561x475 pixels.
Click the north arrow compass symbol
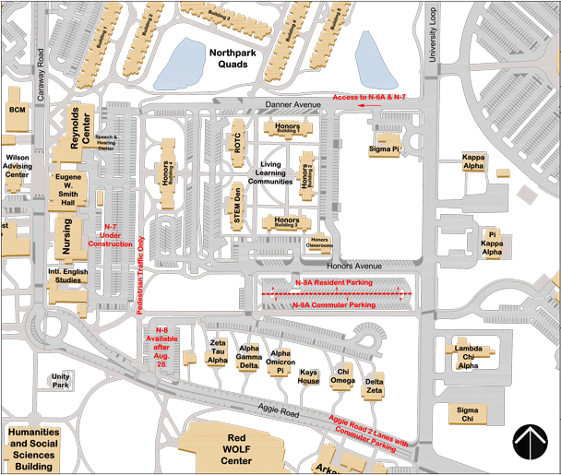(531, 442)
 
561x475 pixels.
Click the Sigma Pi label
(383, 148)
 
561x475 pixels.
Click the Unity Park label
(61, 380)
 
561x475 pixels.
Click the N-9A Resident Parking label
(333, 282)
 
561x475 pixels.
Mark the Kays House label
(308, 377)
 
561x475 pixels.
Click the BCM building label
(17, 110)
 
